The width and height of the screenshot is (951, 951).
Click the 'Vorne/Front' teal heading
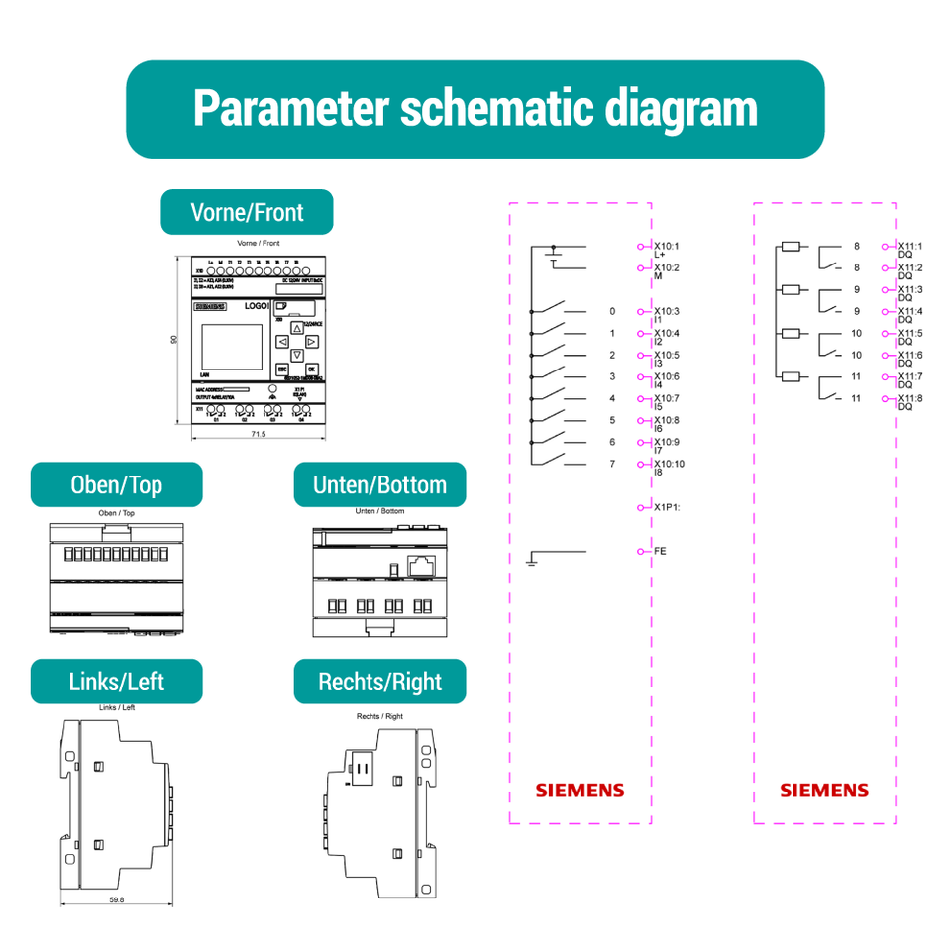(x=247, y=212)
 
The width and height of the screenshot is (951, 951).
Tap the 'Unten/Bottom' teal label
(x=379, y=485)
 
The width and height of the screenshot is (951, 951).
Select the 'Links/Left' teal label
(x=117, y=682)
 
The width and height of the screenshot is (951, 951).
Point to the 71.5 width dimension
(x=256, y=434)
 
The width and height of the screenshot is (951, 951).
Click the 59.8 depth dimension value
(x=117, y=899)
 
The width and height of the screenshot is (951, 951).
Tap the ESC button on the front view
(x=282, y=368)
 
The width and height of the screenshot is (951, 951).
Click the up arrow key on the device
(x=296, y=328)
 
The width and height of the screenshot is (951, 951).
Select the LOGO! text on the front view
(x=257, y=308)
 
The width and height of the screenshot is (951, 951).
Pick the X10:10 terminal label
(x=670, y=464)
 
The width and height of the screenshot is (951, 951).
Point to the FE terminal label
(x=660, y=550)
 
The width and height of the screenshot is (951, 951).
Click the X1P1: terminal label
(x=667, y=507)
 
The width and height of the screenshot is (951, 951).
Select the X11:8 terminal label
(x=910, y=398)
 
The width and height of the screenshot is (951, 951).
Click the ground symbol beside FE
(x=532, y=562)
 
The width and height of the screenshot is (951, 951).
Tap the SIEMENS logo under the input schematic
(x=581, y=791)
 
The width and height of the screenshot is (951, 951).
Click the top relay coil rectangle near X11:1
(x=791, y=246)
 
